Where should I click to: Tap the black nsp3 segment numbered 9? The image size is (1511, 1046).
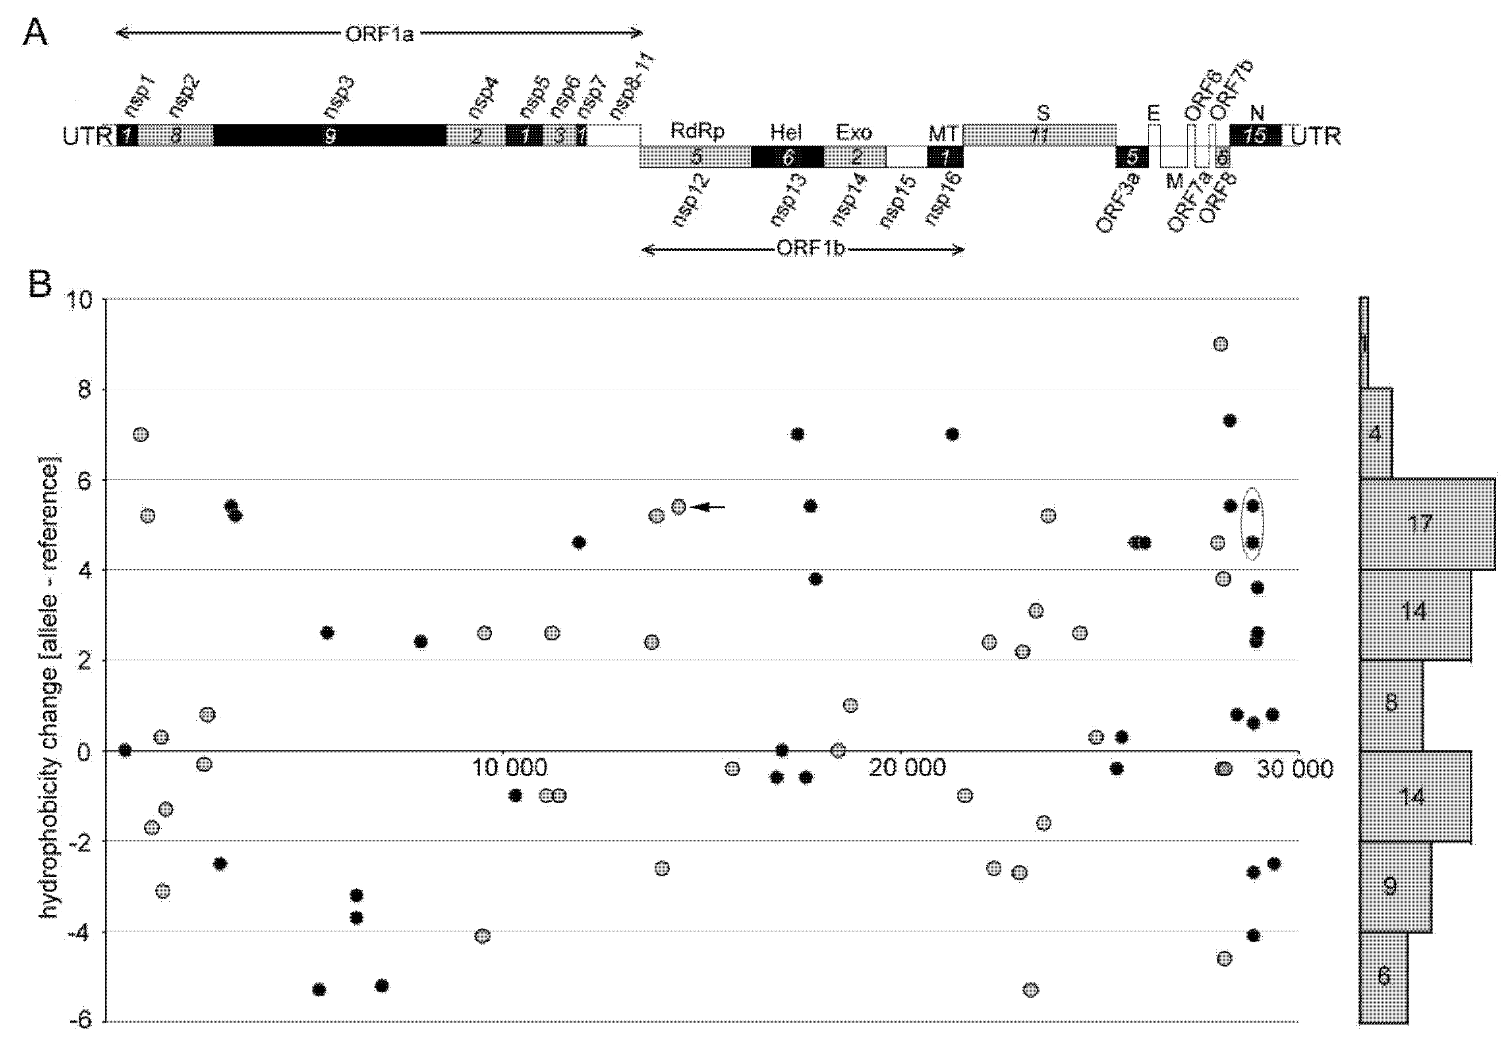tap(330, 135)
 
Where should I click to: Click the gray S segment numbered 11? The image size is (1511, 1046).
tap(1039, 135)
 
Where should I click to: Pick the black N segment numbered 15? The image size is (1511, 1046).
tap(1255, 135)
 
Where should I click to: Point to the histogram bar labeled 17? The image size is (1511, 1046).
tap(1427, 524)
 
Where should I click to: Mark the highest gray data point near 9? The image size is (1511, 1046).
tap(1220, 344)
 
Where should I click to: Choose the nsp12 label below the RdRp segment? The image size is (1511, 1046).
tap(691, 199)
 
